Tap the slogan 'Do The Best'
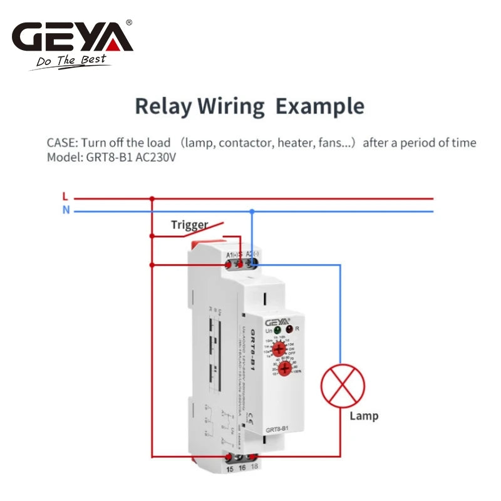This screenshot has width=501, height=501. [71, 61]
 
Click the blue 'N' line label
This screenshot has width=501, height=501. [66, 210]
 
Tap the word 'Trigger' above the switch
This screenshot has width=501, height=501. [189, 225]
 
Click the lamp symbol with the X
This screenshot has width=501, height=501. [343, 388]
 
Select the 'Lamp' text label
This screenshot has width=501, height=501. [364, 416]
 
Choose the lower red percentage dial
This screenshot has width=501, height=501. [286, 369]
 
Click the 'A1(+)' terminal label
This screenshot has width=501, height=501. [231, 254]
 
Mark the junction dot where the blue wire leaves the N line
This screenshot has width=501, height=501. [252, 211]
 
